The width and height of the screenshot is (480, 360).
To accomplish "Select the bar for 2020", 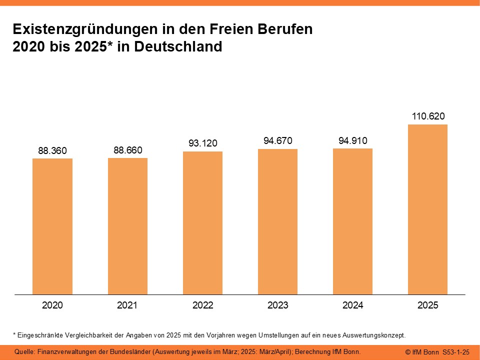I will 52,226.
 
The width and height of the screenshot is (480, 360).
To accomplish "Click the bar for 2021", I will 127,226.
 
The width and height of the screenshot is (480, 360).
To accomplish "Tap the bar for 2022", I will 202,223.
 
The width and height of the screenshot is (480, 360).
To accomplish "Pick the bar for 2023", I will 277,221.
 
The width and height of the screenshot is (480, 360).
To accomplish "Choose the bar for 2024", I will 352,221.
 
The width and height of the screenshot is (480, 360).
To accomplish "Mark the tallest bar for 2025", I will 427,209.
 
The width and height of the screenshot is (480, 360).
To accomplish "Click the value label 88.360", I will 52,150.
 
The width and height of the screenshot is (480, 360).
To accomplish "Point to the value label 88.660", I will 127,149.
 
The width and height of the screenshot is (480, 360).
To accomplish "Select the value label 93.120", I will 202,143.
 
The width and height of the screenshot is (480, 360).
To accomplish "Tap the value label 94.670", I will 277,141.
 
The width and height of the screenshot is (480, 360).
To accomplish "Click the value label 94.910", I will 352,141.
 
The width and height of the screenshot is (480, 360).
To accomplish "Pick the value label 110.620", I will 427,116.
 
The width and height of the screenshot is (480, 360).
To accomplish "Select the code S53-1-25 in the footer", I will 456,352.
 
